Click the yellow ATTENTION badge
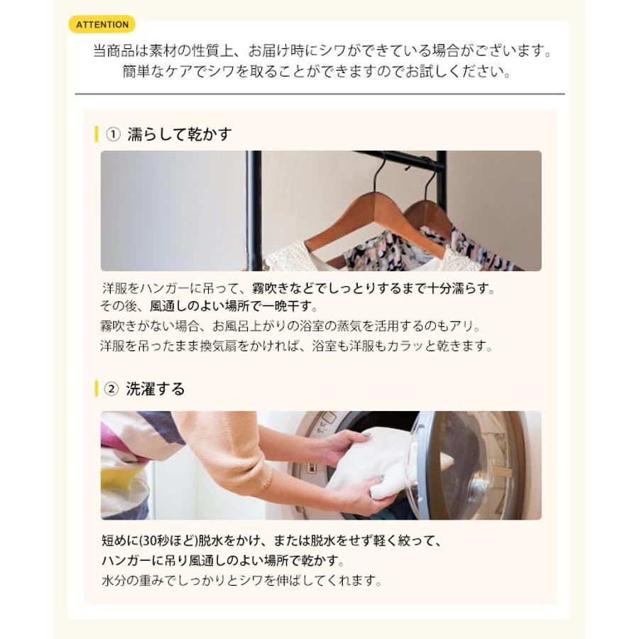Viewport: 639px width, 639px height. pyautogui.click(x=102, y=24)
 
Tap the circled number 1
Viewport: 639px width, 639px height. pyautogui.click(x=113, y=134)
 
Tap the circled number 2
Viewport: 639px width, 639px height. pyautogui.click(x=111, y=389)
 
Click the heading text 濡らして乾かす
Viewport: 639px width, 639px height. pyautogui.click(x=180, y=134)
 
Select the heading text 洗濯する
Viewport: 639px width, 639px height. pyautogui.click(x=155, y=389)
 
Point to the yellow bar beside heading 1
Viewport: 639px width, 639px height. pyautogui.click(x=96, y=134)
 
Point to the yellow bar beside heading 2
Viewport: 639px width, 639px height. pyautogui.click(x=96, y=388)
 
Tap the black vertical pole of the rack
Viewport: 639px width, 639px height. pyautogui.click(x=253, y=211)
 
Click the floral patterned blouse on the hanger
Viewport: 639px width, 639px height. pyautogui.click(x=428, y=248)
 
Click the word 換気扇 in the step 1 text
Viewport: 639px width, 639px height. pyautogui.click(x=218, y=346)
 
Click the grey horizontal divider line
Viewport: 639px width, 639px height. pyautogui.click(x=320, y=94)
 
